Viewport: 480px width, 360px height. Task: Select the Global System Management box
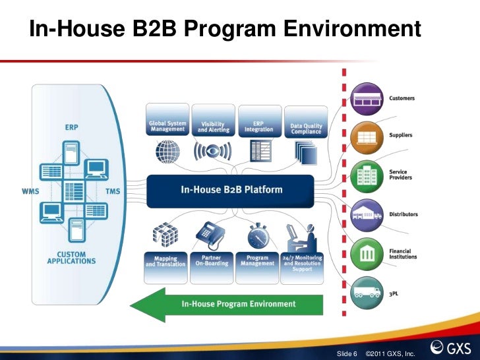point(167,127)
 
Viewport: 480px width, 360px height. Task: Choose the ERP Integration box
point(258,126)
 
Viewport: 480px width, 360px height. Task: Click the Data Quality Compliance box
point(305,128)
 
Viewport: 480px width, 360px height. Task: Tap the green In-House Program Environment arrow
point(227,304)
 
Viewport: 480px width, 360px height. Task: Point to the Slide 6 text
point(347,354)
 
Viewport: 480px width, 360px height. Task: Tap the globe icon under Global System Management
point(167,152)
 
